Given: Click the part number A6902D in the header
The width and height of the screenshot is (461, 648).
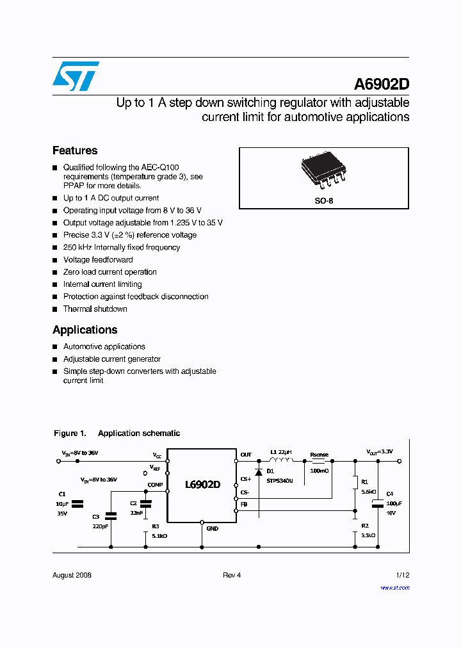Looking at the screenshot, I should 382,85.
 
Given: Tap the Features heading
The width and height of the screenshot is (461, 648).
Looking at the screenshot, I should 75,150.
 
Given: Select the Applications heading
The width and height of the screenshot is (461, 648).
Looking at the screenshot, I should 85,330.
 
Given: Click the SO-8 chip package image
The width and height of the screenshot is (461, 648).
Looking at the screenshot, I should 323,172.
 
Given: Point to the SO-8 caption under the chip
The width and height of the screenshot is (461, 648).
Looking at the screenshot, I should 324,200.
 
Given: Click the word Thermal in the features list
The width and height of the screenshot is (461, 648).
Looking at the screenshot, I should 77,309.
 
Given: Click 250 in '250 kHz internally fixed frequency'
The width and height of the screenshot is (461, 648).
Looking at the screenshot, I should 70,247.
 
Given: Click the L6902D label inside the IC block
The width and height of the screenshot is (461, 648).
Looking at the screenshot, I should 202,485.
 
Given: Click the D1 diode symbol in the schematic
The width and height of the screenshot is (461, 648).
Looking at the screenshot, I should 259,472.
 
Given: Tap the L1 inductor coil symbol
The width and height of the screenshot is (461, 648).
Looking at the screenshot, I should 281,459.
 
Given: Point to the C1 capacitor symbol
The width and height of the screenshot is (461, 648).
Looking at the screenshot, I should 78,504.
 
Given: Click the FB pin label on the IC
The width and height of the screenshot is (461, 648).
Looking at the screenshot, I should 244,504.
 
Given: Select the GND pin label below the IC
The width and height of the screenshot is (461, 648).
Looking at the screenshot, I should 212,528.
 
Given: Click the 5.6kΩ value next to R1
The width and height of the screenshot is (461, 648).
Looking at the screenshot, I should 368,492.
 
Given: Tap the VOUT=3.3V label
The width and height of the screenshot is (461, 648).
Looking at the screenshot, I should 380,451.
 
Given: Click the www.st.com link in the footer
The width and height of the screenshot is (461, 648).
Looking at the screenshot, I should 394,587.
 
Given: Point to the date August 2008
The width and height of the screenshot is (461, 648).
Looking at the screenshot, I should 72,575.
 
